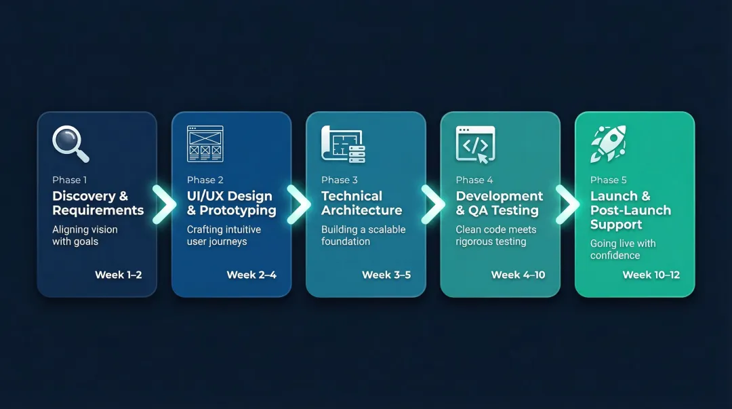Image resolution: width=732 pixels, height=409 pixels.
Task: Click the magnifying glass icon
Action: click(x=70, y=144)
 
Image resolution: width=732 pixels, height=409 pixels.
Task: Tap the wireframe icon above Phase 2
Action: click(x=205, y=144)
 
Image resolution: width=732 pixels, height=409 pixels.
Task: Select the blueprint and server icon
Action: click(x=343, y=144)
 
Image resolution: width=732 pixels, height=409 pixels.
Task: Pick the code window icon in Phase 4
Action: click(x=476, y=144)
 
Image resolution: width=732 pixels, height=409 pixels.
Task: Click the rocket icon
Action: click(x=608, y=144)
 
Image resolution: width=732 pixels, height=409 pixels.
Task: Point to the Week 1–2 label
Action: click(x=119, y=275)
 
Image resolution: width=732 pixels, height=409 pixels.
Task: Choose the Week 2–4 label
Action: click(x=251, y=275)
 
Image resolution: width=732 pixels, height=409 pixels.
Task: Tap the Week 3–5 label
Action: click(x=386, y=275)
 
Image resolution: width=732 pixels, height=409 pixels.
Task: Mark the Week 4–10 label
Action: click(x=518, y=275)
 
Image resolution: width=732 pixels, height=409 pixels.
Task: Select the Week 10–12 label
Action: click(x=651, y=275)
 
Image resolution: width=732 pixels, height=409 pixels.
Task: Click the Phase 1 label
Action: click(x=70, y=180)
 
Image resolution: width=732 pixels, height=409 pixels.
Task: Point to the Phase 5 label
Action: click(x=609, y=180)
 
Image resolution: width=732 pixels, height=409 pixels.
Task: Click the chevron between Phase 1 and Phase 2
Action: click(x=164, y=204)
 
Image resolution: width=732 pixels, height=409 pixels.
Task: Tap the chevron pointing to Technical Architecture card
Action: click(x=298, y=204)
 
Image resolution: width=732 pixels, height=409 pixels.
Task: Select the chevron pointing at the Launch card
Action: click(x=567, y=204)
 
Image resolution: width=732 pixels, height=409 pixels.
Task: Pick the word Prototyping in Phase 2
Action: click(x=238, y=210)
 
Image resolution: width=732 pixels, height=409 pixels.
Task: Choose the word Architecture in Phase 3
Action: click(x=362, y=210)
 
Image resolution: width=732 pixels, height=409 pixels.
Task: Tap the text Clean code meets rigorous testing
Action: click(x=496, y=235)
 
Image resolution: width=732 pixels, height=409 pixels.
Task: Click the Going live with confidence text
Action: click(x=623, y=249)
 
